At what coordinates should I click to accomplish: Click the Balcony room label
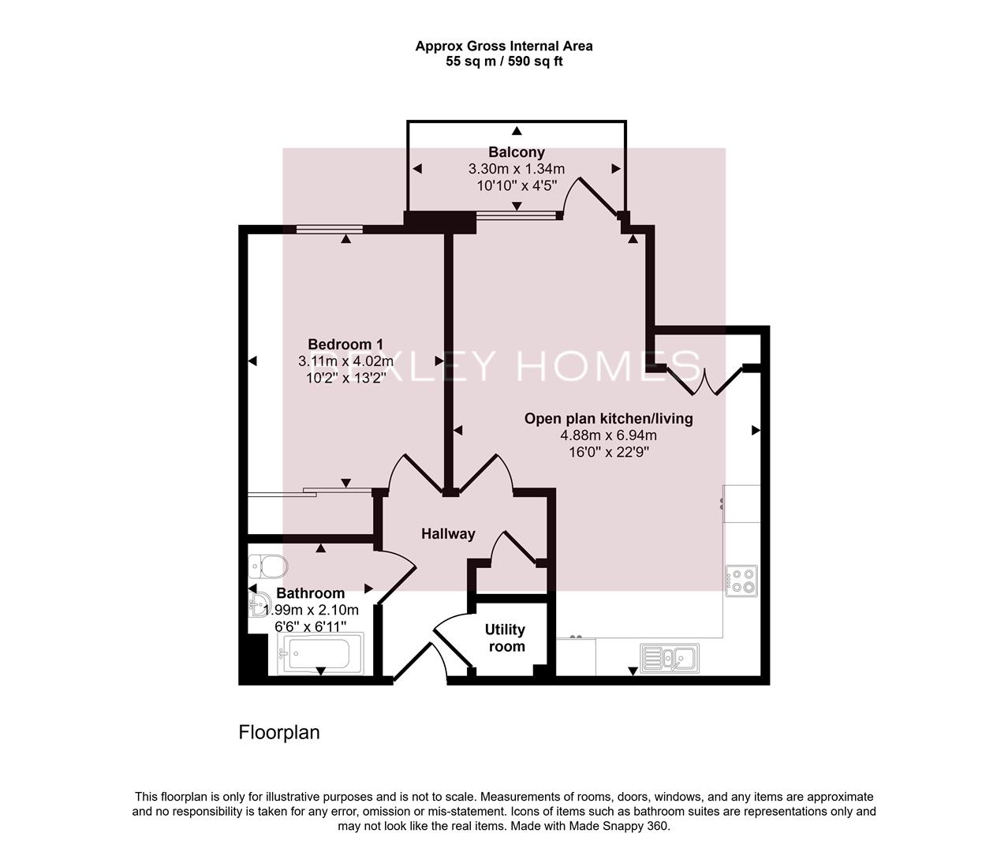[x=516, y=152]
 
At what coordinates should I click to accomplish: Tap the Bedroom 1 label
[x=345, y=344]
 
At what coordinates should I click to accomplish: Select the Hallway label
[x=448, y=534]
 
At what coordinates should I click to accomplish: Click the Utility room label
[x=505, y=638]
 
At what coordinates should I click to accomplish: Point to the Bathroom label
[x=311, y=593]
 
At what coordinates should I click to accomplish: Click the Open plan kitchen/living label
[x=608, y=418]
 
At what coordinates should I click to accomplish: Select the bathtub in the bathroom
[x=320, y=654]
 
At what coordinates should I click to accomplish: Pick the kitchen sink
[x=667, y=656]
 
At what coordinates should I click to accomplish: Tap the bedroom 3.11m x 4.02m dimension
[x=345, y=361]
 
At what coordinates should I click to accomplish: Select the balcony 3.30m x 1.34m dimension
[x=516, y=169]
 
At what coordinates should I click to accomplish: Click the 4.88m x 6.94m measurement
[x=608, y=435]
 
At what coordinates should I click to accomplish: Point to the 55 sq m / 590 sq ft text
[x=504, y=62]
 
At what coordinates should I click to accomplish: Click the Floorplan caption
[x=279, y=733]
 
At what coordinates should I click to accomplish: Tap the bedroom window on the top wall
[x=329, y=230]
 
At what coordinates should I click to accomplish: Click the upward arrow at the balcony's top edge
[x=517, y=131]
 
